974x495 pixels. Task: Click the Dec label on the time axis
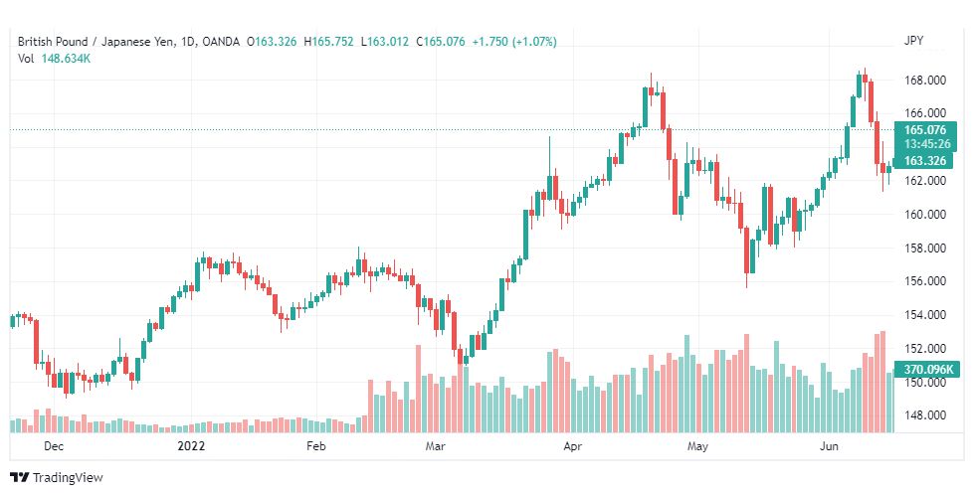(x=55, y=446)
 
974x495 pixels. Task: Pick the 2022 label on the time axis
(x=191, y=446)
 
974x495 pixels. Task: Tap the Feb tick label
(x=316, y=446)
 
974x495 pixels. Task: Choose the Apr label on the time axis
(x=572, y=446)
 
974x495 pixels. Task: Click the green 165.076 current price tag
(x=925, y=129)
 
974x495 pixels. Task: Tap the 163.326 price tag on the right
(x=925, y=161)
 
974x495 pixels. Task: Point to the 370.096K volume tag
(x=927, y=370)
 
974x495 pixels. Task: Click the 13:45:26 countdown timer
(x=925, y=143)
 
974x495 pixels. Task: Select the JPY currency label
(x=913, y=41)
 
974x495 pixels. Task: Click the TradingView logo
(x=57, y=478)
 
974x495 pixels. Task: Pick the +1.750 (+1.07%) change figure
(x=513, y=42)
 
